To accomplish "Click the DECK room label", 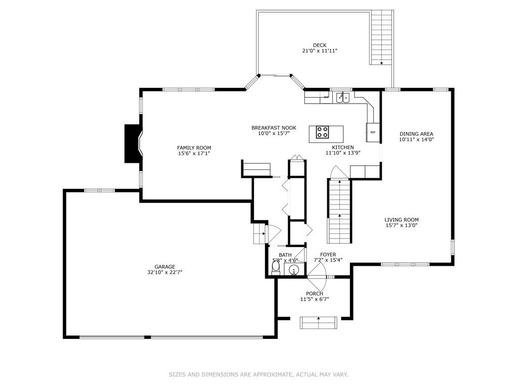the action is tap(320, 45).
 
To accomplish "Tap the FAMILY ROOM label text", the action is tap(194, 148).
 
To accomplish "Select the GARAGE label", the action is tap(165, 267).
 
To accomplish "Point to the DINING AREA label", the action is tap(417, 134).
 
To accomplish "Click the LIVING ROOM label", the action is tap(401, 220).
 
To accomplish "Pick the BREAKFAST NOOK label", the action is tap(274, 128).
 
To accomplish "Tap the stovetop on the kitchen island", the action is tap(322, 132).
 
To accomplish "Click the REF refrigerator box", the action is tap(373, 132).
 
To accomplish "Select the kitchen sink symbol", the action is tap(343, 98).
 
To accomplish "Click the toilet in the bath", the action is tap(276, 268).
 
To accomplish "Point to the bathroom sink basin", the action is tap(293, 270).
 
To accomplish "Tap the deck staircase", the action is tap(382, 37).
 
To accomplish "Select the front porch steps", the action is tap(318, 323).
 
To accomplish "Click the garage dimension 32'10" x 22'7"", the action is tap(165, 272).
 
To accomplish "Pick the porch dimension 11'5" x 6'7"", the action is tap(315, 299).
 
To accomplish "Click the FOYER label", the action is tap(328, 255).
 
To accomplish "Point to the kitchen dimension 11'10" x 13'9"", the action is tap(343, 153).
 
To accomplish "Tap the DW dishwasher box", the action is tap(326, 97).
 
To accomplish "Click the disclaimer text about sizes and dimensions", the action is tap(258, 374).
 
